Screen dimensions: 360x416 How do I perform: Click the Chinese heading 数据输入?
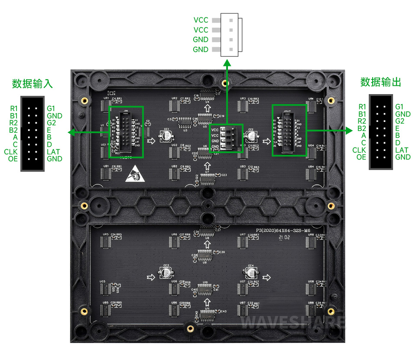pos(32,84)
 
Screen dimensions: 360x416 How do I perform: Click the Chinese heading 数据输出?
pos(380,82)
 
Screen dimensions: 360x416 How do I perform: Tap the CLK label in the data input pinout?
pos(11,152)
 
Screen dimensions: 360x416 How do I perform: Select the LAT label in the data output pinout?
pos(402,150)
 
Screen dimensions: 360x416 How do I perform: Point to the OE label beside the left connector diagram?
pos(13,159)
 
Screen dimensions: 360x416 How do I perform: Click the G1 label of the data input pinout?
pos(51,108)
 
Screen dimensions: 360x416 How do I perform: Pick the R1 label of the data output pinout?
pos(362,107)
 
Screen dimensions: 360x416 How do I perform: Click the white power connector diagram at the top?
pos(231,35)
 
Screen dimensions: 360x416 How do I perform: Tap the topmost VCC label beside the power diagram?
pos(201,20)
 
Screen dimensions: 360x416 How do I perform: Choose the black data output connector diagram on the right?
pos(381,132)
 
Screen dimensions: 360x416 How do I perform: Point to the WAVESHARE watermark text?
pos(293,323)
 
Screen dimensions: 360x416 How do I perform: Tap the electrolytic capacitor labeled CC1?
pos(166,136)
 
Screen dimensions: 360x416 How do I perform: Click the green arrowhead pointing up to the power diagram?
pos(226,62)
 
